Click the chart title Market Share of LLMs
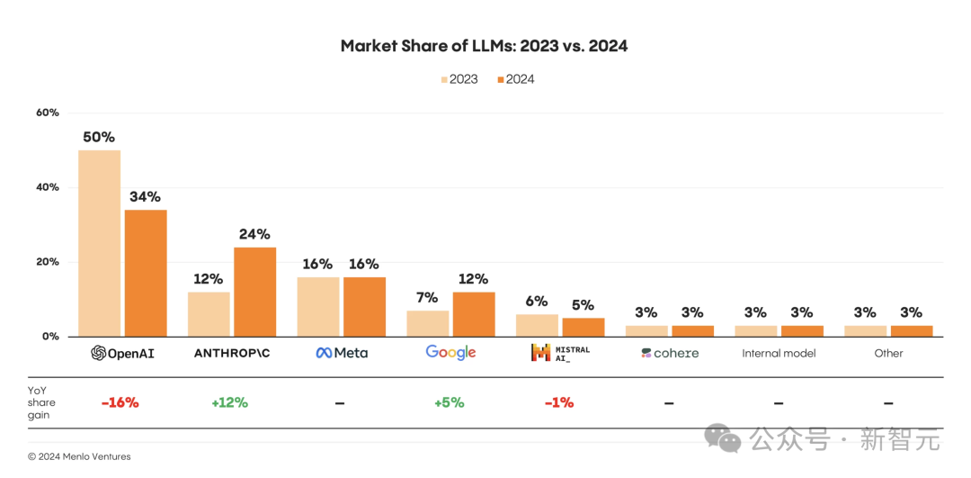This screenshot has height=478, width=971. tap(484, 46)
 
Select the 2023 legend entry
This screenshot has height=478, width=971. tap(459, 79)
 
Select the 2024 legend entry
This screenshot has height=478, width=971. tap(515, 79)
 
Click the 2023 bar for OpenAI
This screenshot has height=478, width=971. tap(99, 243)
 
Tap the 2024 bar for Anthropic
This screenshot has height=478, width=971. tap(254, 292)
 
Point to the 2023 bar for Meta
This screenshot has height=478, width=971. tap(318, 307)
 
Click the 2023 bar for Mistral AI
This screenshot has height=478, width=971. tap(537, 325)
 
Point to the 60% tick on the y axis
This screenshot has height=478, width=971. tap(48, 113)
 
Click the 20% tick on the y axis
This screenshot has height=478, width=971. tap(48, 262)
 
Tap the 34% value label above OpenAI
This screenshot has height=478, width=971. tap(145, 196)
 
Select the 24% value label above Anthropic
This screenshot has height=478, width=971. tap(254, 234)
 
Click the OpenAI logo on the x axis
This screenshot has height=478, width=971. tap(122, 353)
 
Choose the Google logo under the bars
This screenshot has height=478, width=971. tap(450, 353)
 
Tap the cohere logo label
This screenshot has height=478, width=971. tap(670, 353)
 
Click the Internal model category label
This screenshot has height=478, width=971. tap(779, 353)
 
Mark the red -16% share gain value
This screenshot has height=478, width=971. tap(120, 402)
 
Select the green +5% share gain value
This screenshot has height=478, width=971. tap(449, 402)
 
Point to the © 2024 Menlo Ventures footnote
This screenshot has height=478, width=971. tap(79, 456)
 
